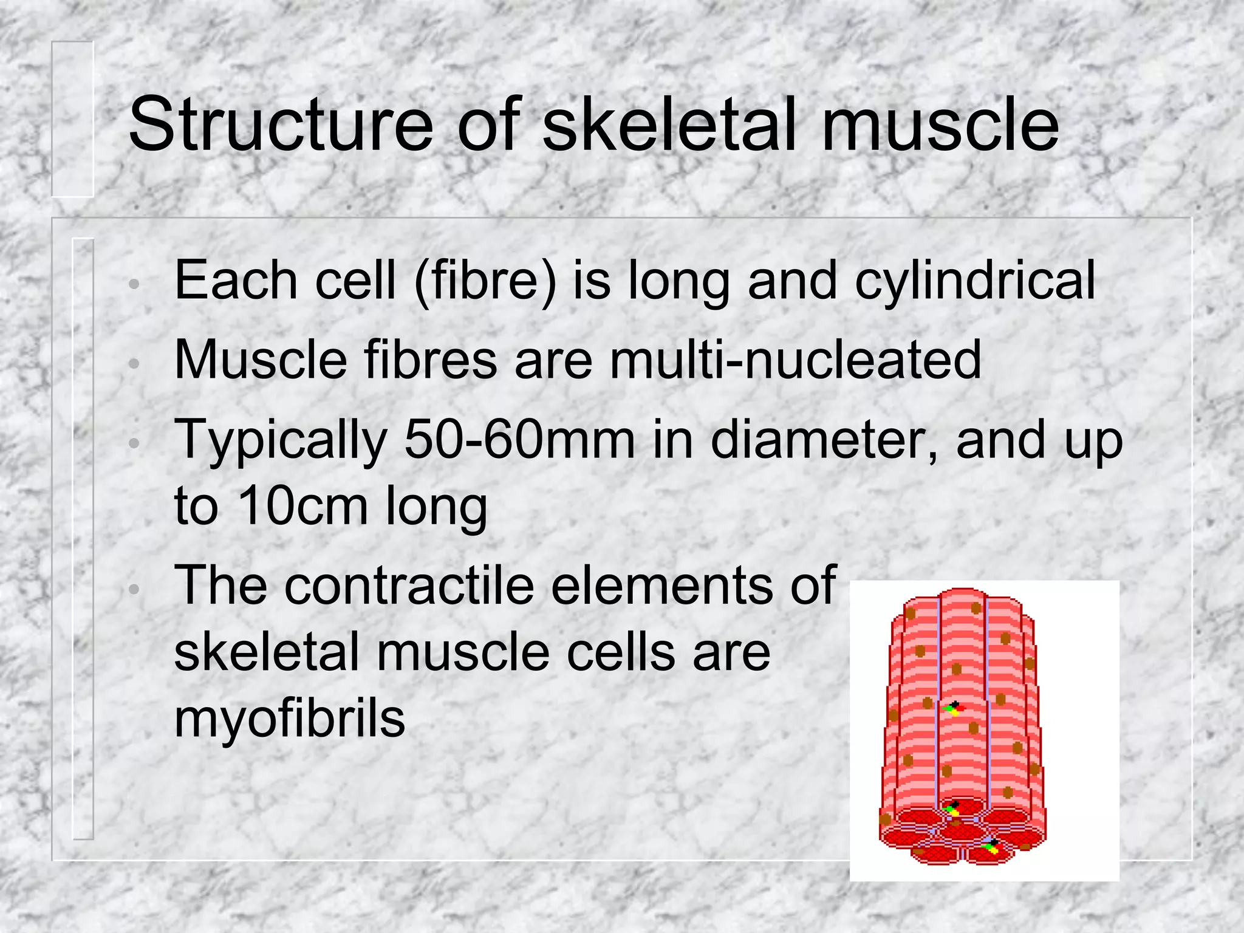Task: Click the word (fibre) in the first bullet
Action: pyautogui.click(x=485, y=281)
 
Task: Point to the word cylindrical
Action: pyautogui.click(x=975, y=281)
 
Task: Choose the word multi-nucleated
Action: pyautogui.click(x=796, y=360)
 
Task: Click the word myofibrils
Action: pyautogui.click(x=289, y=719)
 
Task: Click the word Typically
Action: pyautogui.click(x=281, y=440)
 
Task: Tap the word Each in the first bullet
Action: pyautogui.click(x=236, y=281)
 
